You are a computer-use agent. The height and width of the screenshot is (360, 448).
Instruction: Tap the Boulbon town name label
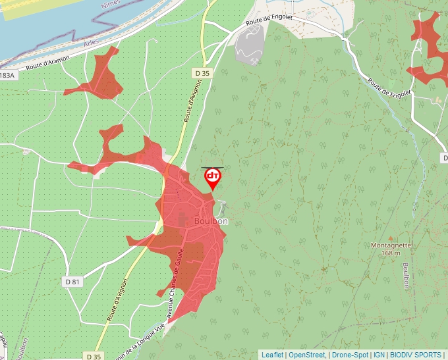click(211, 222)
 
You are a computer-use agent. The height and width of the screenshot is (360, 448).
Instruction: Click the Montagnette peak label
click(391, 245)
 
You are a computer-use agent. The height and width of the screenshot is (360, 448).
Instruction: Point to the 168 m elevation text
click(391, 253)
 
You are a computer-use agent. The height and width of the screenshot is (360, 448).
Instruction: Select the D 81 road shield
click(72, 282)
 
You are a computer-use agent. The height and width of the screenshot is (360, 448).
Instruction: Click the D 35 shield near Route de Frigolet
click(202, 73)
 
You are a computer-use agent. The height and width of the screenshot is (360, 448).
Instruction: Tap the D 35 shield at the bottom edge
click(94, 355)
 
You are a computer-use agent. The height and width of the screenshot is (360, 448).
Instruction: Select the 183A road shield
click(7, 76)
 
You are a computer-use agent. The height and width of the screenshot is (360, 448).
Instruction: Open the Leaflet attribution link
click(272, 355)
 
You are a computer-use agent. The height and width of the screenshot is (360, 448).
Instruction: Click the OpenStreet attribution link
click(307, 355)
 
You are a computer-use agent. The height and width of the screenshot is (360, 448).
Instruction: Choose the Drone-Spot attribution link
click(350, 355)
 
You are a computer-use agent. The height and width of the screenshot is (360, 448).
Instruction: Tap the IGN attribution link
click(379, 355)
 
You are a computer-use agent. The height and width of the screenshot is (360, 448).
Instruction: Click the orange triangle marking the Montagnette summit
click(391, 238)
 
